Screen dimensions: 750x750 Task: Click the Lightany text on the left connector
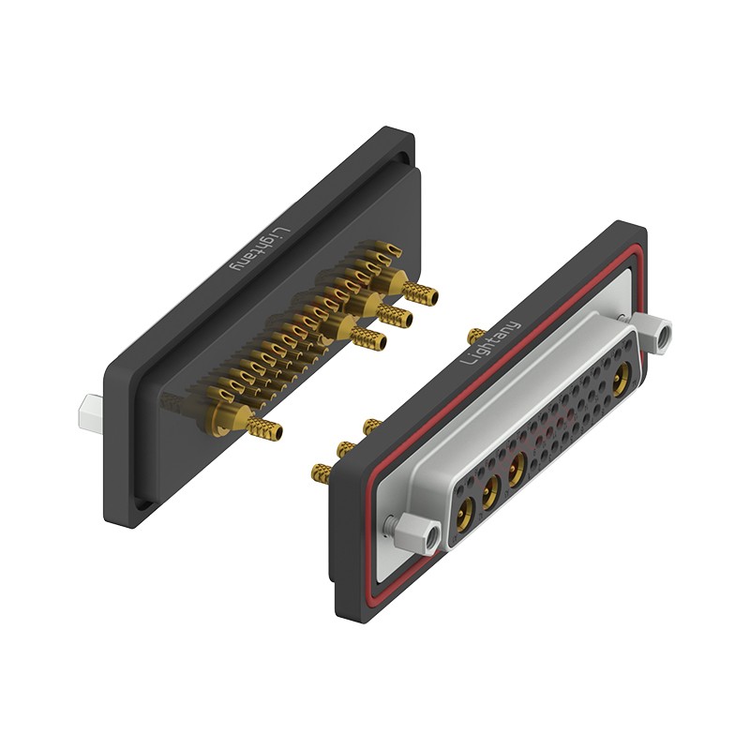tap(262, 248)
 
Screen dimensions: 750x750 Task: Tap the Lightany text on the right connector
tap(489, 342)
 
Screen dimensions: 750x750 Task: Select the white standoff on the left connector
tap(90, 414)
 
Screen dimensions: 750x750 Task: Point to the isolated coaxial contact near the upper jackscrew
tap(622, 380)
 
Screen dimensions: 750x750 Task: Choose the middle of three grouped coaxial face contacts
tap(489, 493)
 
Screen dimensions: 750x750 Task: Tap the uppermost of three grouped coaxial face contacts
tap(516, 470)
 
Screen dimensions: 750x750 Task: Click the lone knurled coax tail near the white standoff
tap(264, 428)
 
